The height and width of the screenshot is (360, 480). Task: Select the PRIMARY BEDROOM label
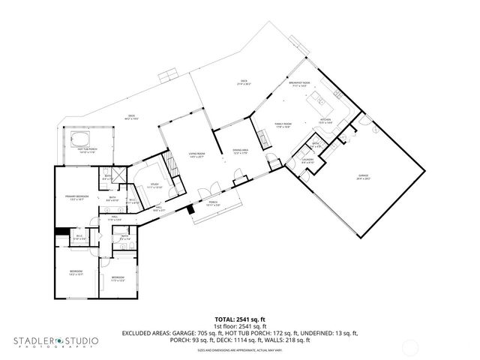76,197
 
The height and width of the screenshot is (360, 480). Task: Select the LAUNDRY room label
307,160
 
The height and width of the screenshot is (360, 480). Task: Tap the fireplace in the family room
262,138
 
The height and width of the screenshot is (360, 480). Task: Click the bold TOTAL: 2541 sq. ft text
239,319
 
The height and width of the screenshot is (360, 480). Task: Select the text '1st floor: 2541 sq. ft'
239,325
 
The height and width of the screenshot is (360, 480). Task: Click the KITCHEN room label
325,119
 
